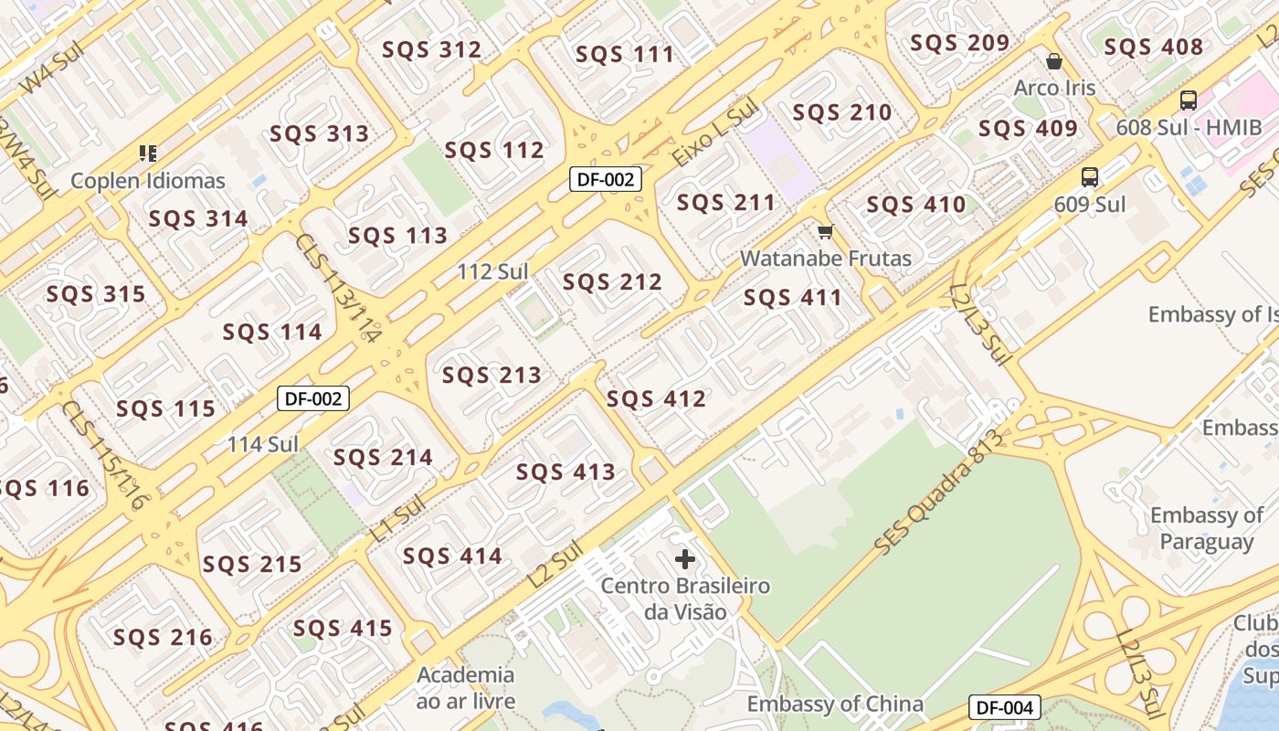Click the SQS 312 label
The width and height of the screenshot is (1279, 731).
[x=431, y=50]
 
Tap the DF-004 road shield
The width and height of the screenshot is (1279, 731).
[x=1004, y=707]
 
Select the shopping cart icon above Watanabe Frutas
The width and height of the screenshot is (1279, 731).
[x=826, y=232]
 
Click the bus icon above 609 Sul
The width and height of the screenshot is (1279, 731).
[x=1089, y=177]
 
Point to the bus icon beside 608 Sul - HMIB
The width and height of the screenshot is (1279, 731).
[x=1188, y=101]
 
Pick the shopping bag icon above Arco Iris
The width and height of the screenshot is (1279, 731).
[x=1054, y=61]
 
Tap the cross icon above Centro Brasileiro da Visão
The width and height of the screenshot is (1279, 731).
[x=685, y=558]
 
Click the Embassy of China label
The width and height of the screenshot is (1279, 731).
[x=835, y=705]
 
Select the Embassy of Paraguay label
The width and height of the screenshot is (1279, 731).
[x=1207, y=528]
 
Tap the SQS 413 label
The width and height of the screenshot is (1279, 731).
[x=566, y=472]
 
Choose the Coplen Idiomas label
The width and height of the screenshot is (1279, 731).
[x=148, y=181]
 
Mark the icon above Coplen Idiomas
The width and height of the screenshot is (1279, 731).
[x=148, y=153]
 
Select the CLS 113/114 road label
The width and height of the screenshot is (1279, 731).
[x=337, y=288]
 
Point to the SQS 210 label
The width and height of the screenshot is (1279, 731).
[x=842, y=113]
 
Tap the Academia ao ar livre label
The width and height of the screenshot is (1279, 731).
[x=466, y=688]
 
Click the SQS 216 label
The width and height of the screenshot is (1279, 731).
[x=163, y=637]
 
